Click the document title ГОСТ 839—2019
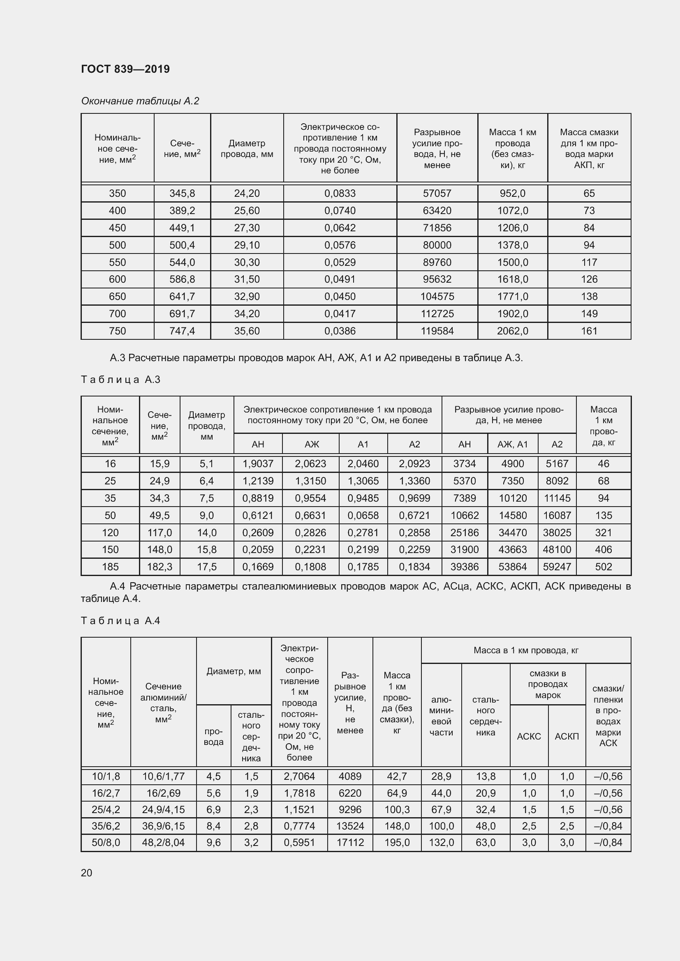coord(125,69)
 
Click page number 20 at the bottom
coord(86,873)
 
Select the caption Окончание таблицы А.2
coord(140,101)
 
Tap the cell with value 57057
coord(437,194)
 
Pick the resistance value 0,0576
coord(340,245)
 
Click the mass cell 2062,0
coord(512,331)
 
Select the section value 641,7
coord(182,296)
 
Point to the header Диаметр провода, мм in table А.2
coord(247,149)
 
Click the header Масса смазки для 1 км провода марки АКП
coord(589,149)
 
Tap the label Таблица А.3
coord(120,380)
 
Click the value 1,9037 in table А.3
coord(257,464)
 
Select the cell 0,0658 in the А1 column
coord(363,515)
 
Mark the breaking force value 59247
coord(557,567)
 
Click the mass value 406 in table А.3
coord(603,550)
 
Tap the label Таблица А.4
coord(120,621)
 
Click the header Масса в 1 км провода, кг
coord(525,650)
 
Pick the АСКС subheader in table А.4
coord(528,736)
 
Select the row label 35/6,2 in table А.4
coord(106,826)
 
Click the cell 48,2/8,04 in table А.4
coord(163,843)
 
